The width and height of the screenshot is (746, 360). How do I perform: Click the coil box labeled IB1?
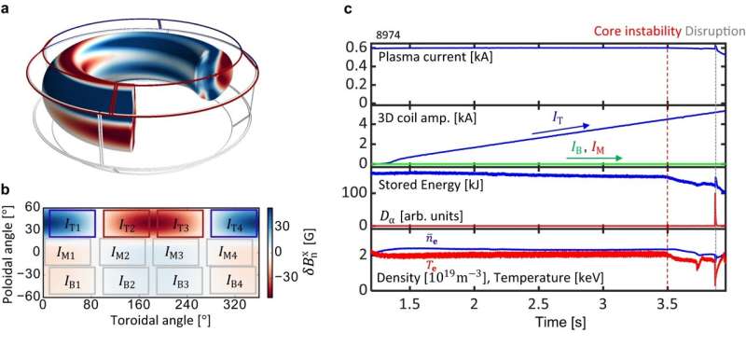point(73,280)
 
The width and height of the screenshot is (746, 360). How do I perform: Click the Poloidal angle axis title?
point(8,250)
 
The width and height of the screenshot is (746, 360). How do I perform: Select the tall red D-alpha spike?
point(714,207)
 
